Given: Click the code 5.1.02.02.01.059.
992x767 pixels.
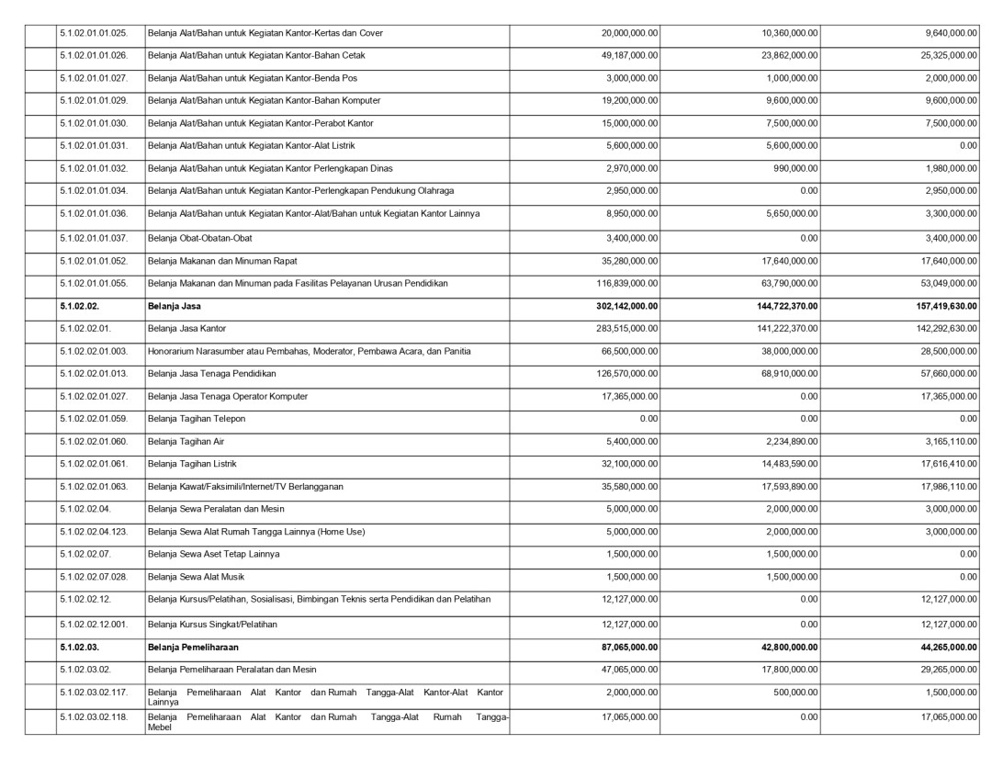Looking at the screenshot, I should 94,419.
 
